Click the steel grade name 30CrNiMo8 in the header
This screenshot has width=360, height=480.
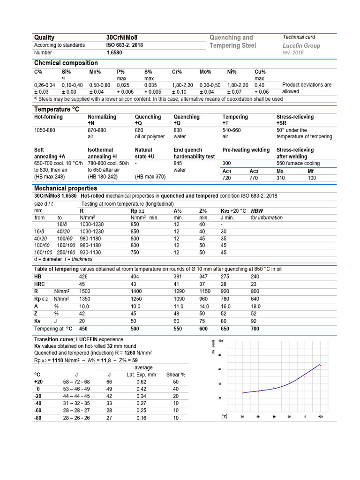[x=122, y=37]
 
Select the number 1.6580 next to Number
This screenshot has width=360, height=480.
[x=114, y=53]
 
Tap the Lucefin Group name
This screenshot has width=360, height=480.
[x=301, y=45]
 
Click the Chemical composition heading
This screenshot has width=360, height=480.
[x=66, y=63]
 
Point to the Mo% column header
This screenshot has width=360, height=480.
[x=206, y=72]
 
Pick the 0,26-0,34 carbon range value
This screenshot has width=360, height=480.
[x=45, y=85]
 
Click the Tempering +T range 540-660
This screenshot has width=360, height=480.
[x=232, y=130]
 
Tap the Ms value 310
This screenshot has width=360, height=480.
[x=281, y=179]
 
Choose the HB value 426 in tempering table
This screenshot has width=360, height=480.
[x=83, y=277]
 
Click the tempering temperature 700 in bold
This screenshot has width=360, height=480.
[x=255, y=329]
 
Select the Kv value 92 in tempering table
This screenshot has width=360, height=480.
[x=254, y=322]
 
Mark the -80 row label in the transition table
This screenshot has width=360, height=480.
[x=38, y=418]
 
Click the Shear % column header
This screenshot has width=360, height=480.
[x=176, y=375]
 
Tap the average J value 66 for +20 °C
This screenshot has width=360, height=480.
[x=109, y=382]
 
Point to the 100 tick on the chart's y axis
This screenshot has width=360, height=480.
[x=221, y=340]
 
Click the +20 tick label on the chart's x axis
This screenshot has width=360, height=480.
[x=320, y=416]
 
